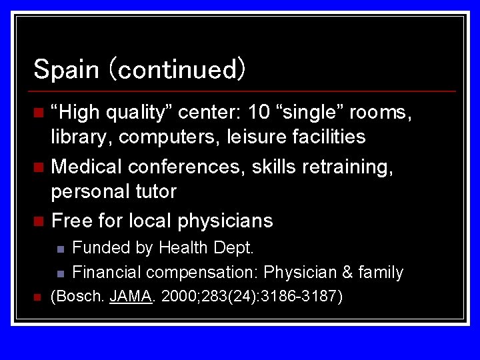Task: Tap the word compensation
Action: (203, 273)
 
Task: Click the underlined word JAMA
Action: (131, 296)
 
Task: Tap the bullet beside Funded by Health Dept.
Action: (59, 249)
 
